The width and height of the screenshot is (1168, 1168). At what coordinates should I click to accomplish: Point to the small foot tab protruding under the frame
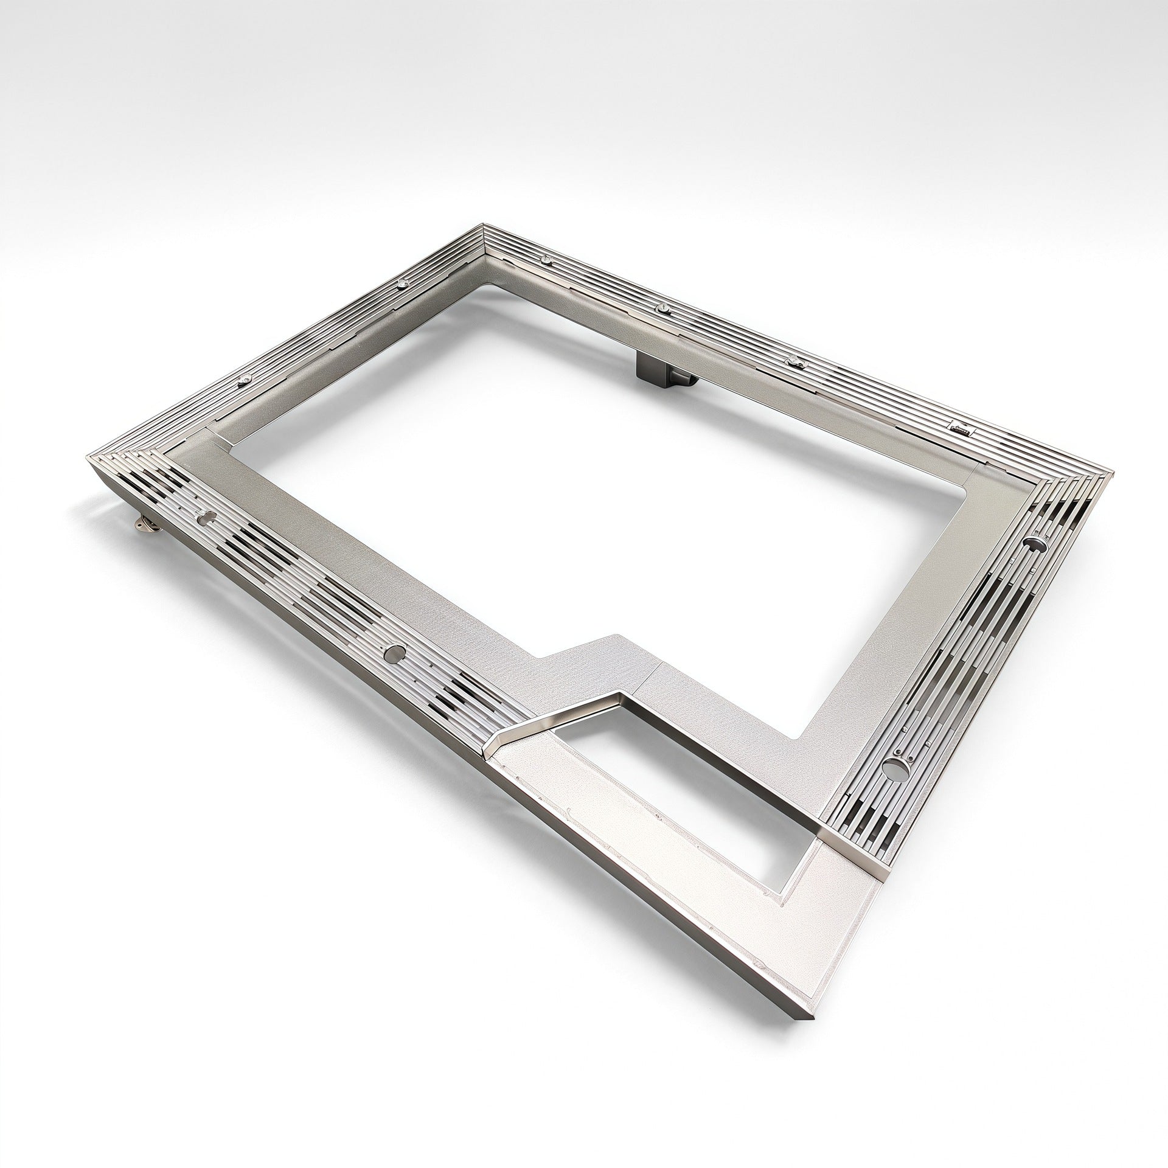145,523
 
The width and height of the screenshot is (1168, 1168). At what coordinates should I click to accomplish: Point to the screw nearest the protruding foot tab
245,380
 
